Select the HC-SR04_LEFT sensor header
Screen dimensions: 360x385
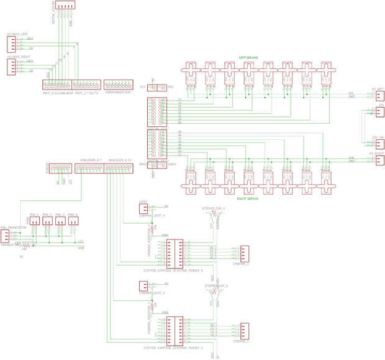[x=11, y=44]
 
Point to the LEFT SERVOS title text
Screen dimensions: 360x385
[x=248, y=57]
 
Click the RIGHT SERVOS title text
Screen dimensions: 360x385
[x=248, y=198]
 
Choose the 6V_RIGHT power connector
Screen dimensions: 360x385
[x=379, y=160]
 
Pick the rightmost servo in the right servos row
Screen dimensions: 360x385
[x=327, y=178]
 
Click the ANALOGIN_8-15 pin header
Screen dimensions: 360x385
[x=119, y=168]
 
